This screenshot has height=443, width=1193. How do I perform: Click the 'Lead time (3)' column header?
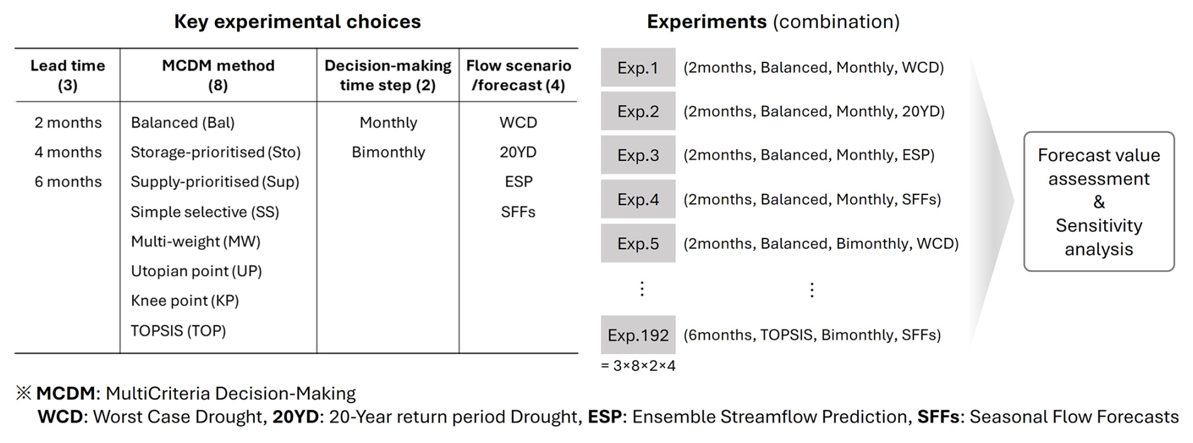coord(67,75)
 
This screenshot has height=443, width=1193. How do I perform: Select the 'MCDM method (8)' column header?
coord(218,75)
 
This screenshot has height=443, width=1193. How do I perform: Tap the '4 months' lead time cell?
coord(68,152)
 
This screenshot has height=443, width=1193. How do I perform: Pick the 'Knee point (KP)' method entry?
coord(185,300)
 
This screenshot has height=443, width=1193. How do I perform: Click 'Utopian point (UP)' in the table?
coord(196,271)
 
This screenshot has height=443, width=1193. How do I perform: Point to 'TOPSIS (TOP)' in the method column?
coord(178,330)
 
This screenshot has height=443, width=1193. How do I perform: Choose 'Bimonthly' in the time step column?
coord(388,152)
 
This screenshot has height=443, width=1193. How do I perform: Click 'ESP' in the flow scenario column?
coord(518,182)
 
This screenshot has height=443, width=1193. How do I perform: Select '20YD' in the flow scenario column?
coord(518,152)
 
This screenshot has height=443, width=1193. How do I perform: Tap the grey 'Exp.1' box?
coord(638,68)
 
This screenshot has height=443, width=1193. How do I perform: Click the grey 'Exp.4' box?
coord(638,199)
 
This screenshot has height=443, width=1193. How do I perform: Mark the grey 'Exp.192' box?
coord(638,334)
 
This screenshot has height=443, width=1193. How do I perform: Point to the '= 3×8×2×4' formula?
coord(638,366)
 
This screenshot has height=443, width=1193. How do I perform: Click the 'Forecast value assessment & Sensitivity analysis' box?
coord(1099,201)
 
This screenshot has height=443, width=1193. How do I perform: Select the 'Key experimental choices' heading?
coord(298,21)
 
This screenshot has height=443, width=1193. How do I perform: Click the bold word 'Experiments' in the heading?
coord(707,21)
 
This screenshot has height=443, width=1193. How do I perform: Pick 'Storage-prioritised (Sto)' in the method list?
coord(216,152)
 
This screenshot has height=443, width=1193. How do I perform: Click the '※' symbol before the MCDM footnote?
coord(23,393)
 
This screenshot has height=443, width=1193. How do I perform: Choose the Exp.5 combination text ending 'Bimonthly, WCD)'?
coord(821,244)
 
